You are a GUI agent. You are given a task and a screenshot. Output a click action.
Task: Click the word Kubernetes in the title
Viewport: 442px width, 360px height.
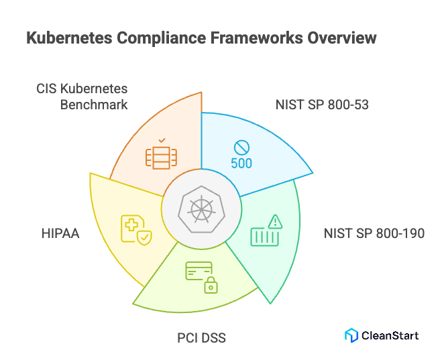[x=68, y=38]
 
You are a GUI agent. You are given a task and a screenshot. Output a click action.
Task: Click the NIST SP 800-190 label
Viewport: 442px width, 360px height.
[x=374, y=233]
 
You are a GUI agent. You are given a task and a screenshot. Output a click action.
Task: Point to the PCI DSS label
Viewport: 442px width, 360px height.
[x=201, y=337]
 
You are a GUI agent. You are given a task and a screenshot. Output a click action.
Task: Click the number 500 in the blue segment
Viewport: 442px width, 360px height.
[x=241, y=162]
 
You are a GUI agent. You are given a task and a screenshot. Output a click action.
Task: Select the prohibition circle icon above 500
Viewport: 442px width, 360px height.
[x=241, y=147]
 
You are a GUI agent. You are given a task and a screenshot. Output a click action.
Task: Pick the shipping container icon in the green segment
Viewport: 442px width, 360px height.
[x=264, y=236]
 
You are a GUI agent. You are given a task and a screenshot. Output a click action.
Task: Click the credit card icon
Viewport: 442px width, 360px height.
[x=199, y=271]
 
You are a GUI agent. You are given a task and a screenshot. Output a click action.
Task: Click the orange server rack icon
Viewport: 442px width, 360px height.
[x=161, y=156]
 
